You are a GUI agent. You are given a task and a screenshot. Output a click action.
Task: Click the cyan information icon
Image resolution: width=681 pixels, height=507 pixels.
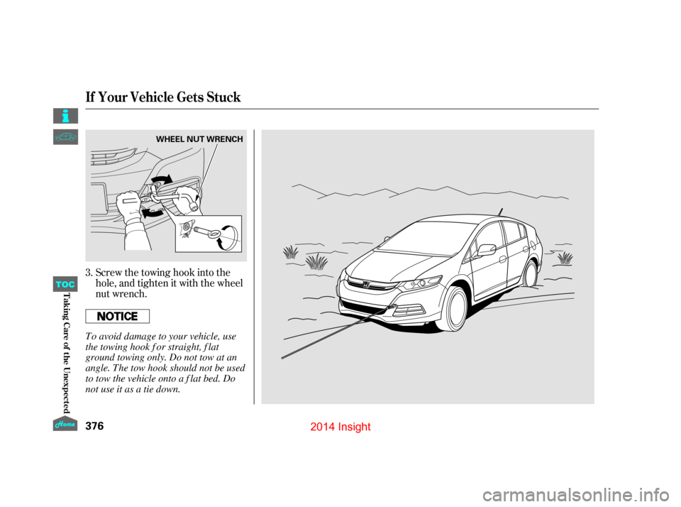tap(65, 115)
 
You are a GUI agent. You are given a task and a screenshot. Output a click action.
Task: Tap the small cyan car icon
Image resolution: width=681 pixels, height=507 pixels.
tap(65, 138)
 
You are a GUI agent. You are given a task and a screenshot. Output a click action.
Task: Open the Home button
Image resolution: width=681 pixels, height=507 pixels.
tap(65, 423)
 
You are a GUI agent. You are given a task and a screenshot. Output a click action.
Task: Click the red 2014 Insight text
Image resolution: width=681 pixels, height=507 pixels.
tap(340, 427)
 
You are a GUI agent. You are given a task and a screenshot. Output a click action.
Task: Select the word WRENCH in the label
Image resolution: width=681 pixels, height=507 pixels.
tap(225, 139)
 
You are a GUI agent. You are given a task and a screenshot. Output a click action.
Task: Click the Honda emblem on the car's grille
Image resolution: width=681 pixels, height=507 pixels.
tap(367, 285)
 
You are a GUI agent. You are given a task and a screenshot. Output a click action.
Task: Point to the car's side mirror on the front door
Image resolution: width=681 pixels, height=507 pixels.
tap(487, 250)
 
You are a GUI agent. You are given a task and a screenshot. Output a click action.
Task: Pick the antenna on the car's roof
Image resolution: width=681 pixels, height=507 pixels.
tap(500, 211)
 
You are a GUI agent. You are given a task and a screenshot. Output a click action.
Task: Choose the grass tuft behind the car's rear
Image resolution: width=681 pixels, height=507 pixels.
tap(565, 257)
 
